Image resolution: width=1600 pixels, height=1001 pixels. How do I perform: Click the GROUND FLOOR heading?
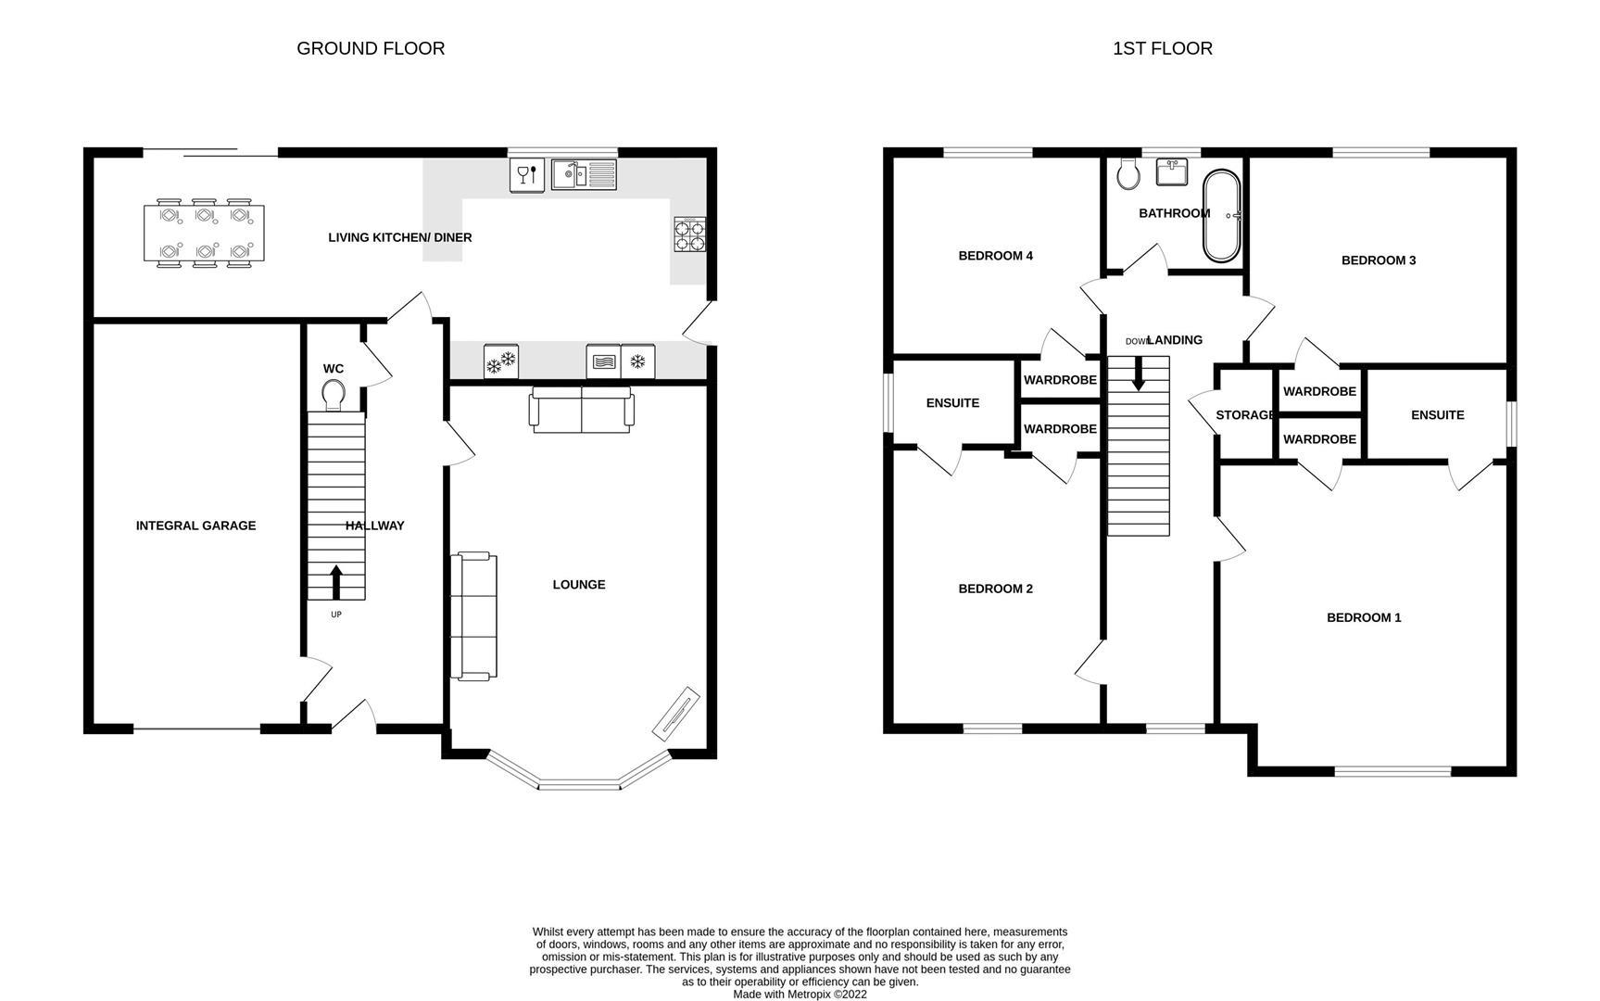pos(371,48)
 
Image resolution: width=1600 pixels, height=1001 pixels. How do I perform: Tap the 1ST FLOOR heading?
pos(1162,48)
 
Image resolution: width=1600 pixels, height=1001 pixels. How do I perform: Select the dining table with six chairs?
pos(204,234)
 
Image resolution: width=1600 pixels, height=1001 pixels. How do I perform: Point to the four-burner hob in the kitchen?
pos(689,234)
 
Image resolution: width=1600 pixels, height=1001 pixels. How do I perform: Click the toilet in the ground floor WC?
pos(334,395)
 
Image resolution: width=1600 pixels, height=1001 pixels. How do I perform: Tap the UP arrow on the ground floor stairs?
pos(335,583)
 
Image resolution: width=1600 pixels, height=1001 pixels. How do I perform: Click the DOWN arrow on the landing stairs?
pos(1139,373)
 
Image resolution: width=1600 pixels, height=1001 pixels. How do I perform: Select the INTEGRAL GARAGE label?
pos(195,526)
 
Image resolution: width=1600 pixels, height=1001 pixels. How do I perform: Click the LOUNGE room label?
pos(579,585)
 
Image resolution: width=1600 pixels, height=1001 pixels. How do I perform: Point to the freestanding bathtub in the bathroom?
pos(1221,216)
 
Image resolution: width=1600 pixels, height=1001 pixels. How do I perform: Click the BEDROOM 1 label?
pos(1364,617)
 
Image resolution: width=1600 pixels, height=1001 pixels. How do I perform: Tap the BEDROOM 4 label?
pos(995,256)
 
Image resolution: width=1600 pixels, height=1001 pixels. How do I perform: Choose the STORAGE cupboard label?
pos(1245,415)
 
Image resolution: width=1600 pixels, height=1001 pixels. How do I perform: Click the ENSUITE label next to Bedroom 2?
pos(952,403)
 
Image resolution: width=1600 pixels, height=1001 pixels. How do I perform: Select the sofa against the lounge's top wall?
pos(582,410)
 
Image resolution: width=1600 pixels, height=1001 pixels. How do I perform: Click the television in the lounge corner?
pos(676,713)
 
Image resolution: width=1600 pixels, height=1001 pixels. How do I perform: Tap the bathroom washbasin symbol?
pos(1172,172)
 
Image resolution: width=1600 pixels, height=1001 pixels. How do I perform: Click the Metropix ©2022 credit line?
pos(800,995)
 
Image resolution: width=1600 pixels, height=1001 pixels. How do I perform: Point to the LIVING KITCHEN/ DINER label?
pos(400,238)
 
